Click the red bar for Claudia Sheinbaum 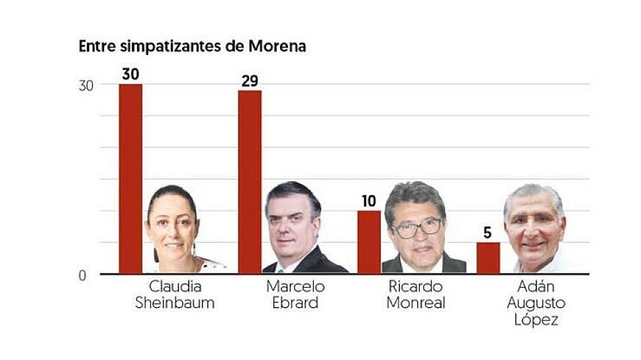pos(130,179)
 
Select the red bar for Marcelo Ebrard pos(250,182)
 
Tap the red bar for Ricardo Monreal pos(369,242)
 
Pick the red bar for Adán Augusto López pos(488,258)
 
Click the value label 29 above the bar pos(250,81)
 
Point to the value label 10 pos(369,201)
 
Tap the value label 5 pos(488,233)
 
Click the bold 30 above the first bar pos(130,74)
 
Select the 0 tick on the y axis pos(83,276)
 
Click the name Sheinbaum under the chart pos(175,304)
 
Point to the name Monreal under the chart pos(416,304)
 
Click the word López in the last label pos(535,320)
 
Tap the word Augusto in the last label pos(535,304)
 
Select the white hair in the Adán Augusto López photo pos(533,193)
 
